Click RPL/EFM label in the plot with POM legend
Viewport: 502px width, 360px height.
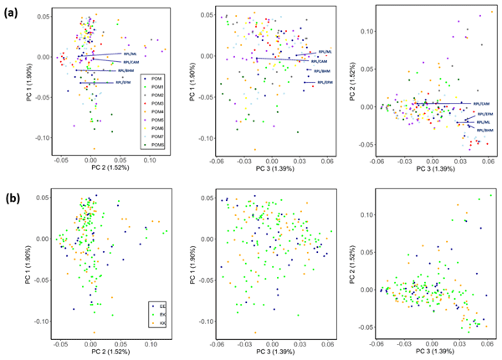124,83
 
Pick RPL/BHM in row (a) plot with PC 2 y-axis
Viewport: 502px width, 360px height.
484,131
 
